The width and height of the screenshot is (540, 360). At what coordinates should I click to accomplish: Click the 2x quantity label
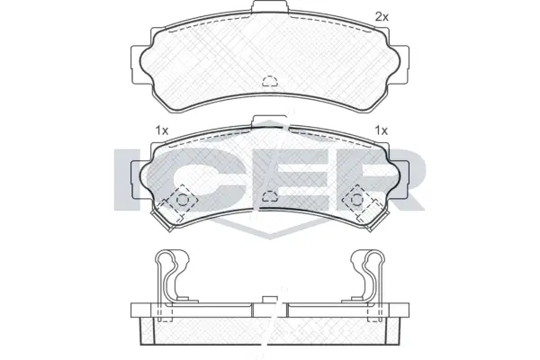click(382, 16)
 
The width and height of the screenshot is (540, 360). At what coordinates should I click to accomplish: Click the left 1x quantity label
click(161, 130)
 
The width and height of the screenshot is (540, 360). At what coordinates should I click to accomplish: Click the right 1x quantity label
click(382, 130)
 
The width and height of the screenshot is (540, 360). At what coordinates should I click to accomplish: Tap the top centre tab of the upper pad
click(270, 7)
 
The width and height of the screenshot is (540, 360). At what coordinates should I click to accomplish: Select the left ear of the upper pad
click(137, 64)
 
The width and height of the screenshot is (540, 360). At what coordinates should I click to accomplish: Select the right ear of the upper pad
click(403, 64)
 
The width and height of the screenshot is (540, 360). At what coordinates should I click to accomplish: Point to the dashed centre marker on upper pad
click(270, 81)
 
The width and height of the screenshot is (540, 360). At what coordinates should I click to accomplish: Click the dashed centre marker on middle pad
click(270, 196)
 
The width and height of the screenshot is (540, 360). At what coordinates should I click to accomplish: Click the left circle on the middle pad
click(182, 200)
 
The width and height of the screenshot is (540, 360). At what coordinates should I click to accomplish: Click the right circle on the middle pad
click(357, 199)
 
